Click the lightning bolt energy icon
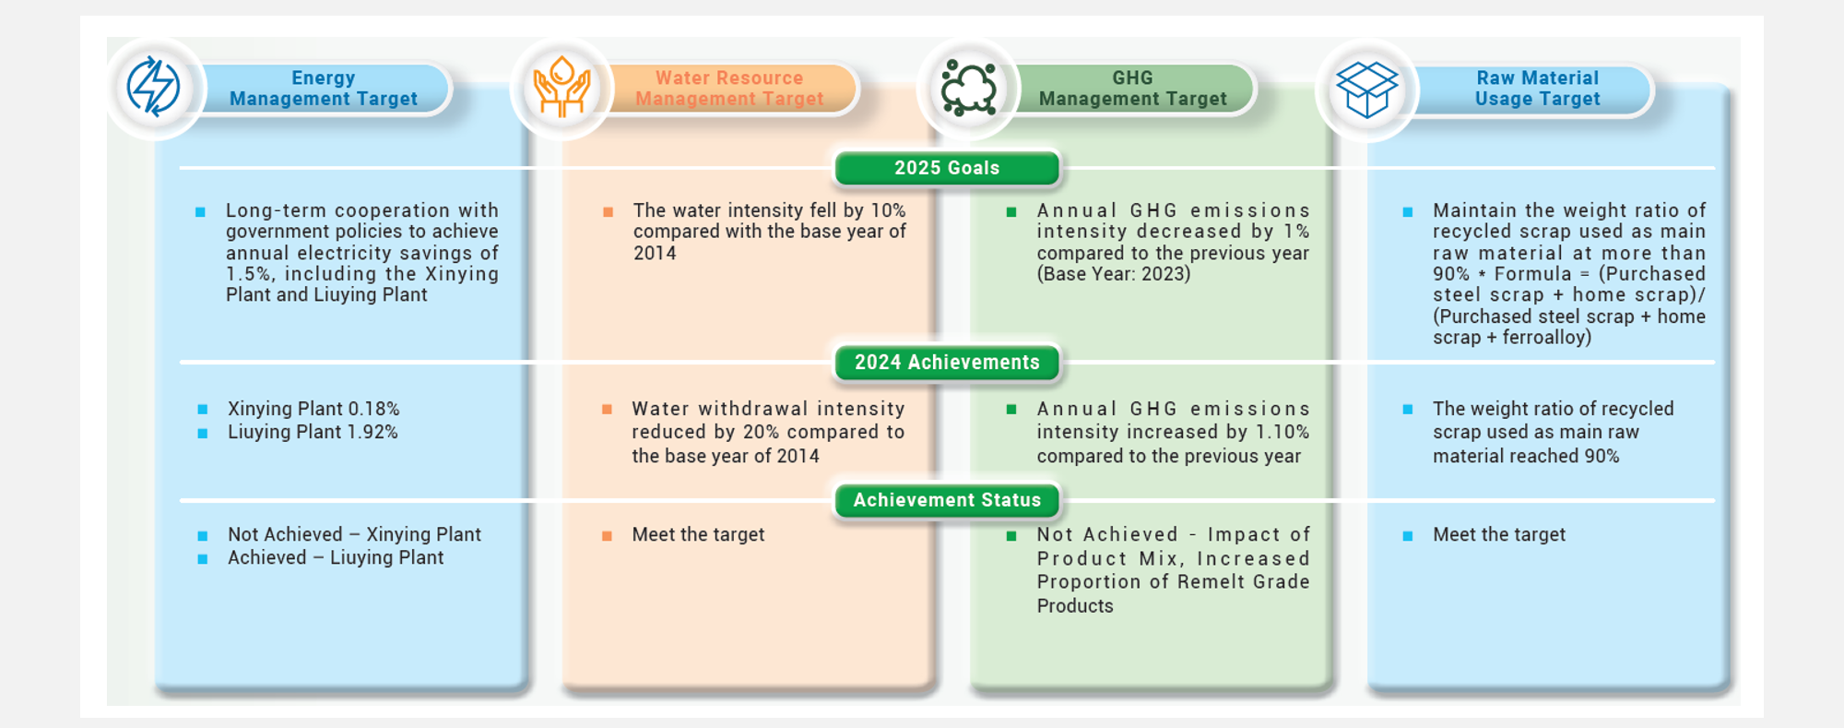click(153, 87)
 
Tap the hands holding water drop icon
click(561, 87)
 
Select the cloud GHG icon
click(968, 89)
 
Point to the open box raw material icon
click(1366, 90)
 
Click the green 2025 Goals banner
click(947, 168)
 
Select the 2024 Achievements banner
click(947, 363)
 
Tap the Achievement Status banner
click(947, 500)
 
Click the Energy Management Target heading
click(324, 89)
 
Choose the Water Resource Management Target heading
click(729, 89)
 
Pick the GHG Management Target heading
click(1133, 89)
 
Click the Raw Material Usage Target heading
click(1538, 89)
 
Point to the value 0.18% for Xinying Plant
click(373, 409)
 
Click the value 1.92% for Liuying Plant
click(372, 432)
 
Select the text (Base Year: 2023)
click(1114, 274)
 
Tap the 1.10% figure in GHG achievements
click(1283, 432)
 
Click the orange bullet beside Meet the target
click(607, 536)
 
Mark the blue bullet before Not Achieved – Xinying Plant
click(202, 536)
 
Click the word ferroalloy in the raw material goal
click(1546, 338)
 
